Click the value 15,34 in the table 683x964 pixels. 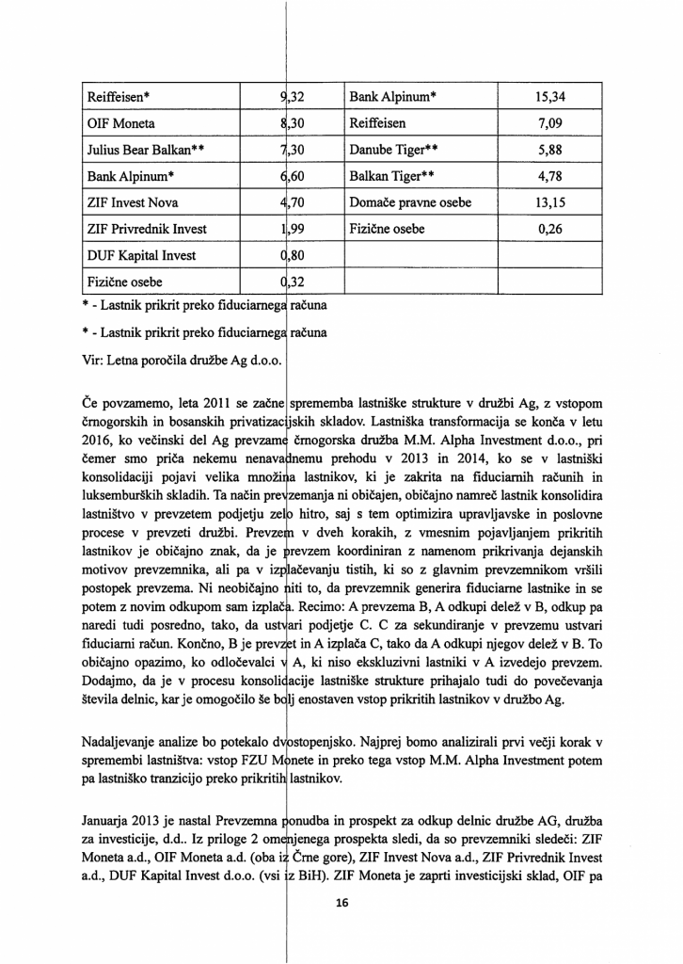(x=556, y=97)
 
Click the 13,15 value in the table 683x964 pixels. (x=556, y=202)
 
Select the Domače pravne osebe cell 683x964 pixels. (x=410, y=202)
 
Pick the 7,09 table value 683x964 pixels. (x=556, y=123)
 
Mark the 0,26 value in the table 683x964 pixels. (x=556, y=229)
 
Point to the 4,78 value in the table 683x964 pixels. (x=556, y=176)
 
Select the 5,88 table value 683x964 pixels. (x=556, y=150)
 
